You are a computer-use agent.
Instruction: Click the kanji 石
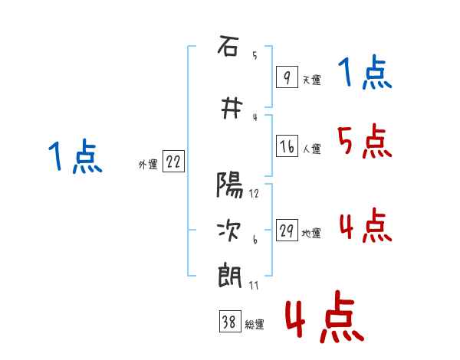(228, 46)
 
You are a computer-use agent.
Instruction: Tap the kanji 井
(232, 108)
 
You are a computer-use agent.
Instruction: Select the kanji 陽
(230, 185)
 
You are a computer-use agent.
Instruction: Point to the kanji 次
(229, 231)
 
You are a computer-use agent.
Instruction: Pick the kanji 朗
(230, 277)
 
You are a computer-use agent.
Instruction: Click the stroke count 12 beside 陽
(254, 194)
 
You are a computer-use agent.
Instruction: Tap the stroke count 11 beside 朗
(254, 286)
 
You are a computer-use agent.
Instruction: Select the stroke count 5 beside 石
(255, 55)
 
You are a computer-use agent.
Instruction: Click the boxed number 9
(287, 77)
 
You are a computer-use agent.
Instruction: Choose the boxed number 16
(287, 146)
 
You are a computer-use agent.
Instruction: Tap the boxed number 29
(287, 231)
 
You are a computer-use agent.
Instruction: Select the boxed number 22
(173, 162)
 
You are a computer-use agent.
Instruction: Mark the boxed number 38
(230, 322)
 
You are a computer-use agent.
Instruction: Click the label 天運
(311, 80)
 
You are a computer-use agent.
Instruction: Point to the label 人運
(311, 149)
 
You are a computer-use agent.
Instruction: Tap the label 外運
(148, 165)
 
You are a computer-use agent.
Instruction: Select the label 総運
(255, 325)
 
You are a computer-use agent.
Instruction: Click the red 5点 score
(364, 141)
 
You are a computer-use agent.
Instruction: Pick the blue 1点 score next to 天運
(365, 72)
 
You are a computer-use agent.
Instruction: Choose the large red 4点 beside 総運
(324, 316)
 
